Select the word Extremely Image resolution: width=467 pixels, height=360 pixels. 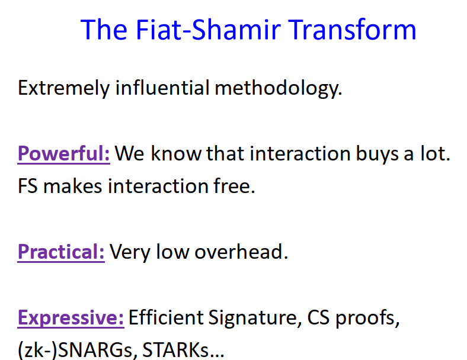click(63, 88)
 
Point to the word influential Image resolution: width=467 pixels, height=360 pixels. click(162, 88)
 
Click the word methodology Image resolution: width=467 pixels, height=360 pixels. click(278, 88)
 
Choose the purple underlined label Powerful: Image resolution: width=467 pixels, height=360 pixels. click(63, 154)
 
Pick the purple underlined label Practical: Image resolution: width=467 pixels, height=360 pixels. click(61, 252)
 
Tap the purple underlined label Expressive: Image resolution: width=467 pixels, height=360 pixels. click(71, 318)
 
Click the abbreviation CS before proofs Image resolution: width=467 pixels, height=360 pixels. click(319, 318)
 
